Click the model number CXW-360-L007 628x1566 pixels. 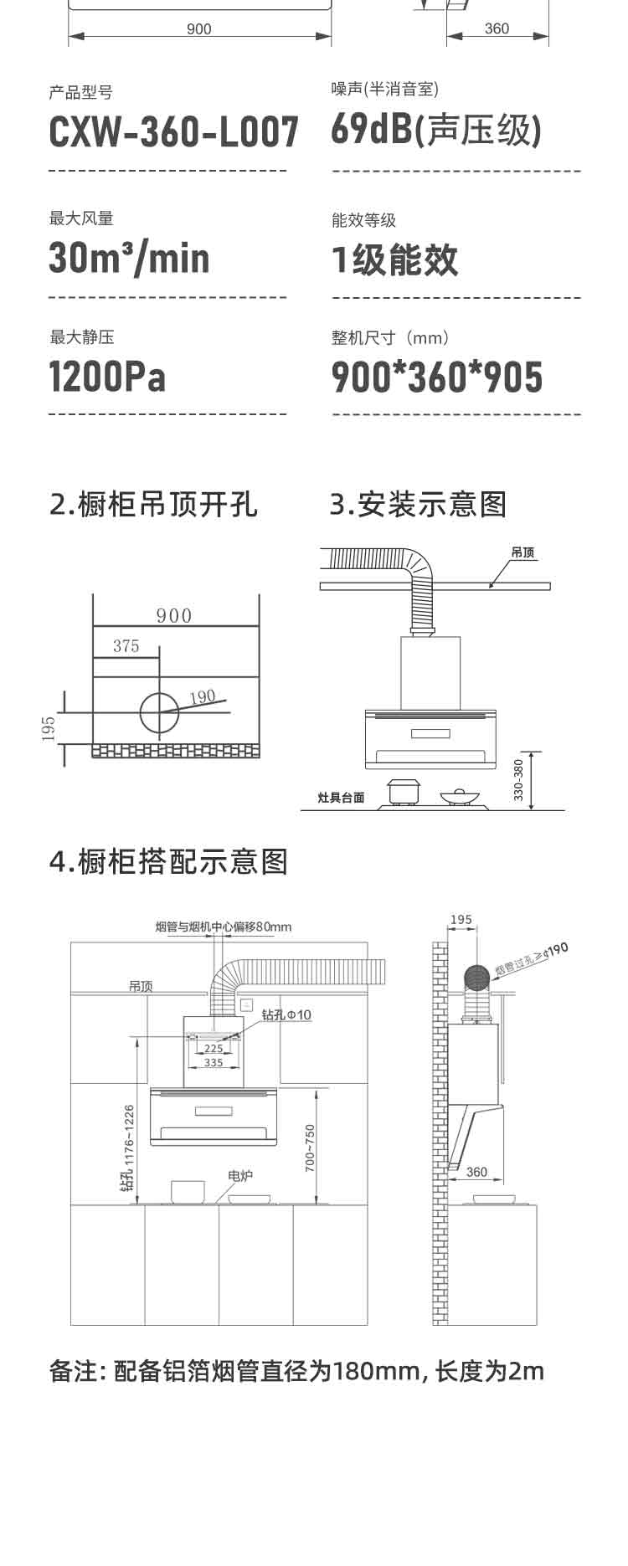(x=173, y=132)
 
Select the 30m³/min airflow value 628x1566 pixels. (x=129, y=258)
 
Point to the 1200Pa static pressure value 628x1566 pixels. (x=107, y=377)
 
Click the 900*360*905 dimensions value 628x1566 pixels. (x=437, y=377)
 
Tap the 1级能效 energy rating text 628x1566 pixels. (x=395, y=259)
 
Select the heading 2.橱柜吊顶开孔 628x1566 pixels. (x=154, y=505)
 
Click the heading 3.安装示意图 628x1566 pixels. (x=418, y=505)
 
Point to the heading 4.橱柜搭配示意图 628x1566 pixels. (x=168, y=861)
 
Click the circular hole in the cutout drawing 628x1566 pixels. (x=159, y=712)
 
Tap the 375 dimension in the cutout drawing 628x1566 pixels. (x=126, y=646)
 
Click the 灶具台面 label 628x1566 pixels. (x=342, y=798)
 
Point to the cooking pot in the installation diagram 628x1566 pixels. (x=402, y=791)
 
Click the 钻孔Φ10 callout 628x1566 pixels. (x=286, y=1014)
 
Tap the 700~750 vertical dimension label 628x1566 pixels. (x=310, y=1147)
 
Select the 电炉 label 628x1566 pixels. (x=240, y=1176)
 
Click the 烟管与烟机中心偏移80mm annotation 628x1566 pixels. (x=224, y=927)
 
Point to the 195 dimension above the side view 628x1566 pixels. (x=461, y=920)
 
